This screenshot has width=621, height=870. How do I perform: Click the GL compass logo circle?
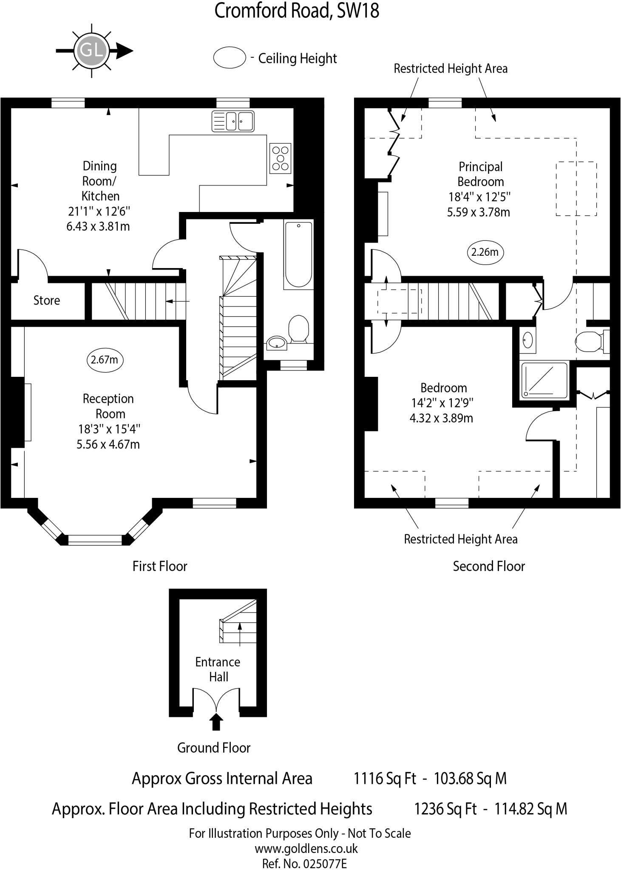pos(92,51)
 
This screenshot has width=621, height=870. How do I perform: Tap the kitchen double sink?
pos(233,121)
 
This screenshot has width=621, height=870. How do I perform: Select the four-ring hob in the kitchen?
pos(280,158)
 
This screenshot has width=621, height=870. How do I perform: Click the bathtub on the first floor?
pos(298,254)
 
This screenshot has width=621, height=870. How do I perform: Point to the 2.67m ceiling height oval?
pos(105,360)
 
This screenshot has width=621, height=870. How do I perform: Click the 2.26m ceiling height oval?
pos(485,252)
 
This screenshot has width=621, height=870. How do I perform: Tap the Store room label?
pos(47,300)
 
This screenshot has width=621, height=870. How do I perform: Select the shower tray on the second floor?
pos(544,381)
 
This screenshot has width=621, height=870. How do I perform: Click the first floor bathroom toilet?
pos(298,328)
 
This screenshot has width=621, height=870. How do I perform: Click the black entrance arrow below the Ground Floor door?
pos(217,721)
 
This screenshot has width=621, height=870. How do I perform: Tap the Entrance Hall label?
pos(218,669)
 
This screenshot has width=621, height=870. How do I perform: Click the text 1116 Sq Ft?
pos(385,778)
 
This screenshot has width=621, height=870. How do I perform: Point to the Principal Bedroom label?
pos(480,174)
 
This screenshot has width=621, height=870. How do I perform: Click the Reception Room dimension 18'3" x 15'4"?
pos(109,429)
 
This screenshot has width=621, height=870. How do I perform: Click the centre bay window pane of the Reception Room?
pos(95,540)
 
